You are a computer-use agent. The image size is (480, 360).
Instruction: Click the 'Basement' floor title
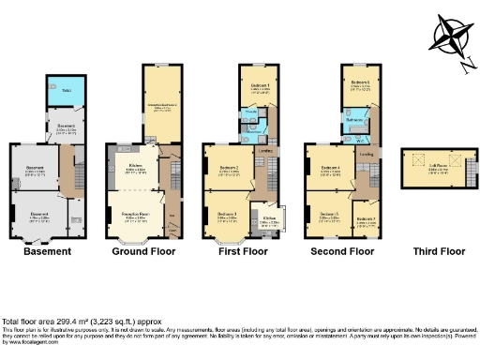click(47, 251)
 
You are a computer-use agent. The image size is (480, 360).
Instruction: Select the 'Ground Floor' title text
click(142, 251)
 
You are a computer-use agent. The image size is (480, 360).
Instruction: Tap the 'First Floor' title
click(240, 251)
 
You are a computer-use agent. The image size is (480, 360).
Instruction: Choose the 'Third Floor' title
click(439, 251)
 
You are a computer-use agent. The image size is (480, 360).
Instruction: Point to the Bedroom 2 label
click(228, 171)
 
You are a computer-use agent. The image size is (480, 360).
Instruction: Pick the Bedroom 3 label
click(228, 215)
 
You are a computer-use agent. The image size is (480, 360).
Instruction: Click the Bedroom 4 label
click(328, 171)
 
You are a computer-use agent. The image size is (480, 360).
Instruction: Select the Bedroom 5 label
click(328, 215)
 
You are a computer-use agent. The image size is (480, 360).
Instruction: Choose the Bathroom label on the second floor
click(354, 121)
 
